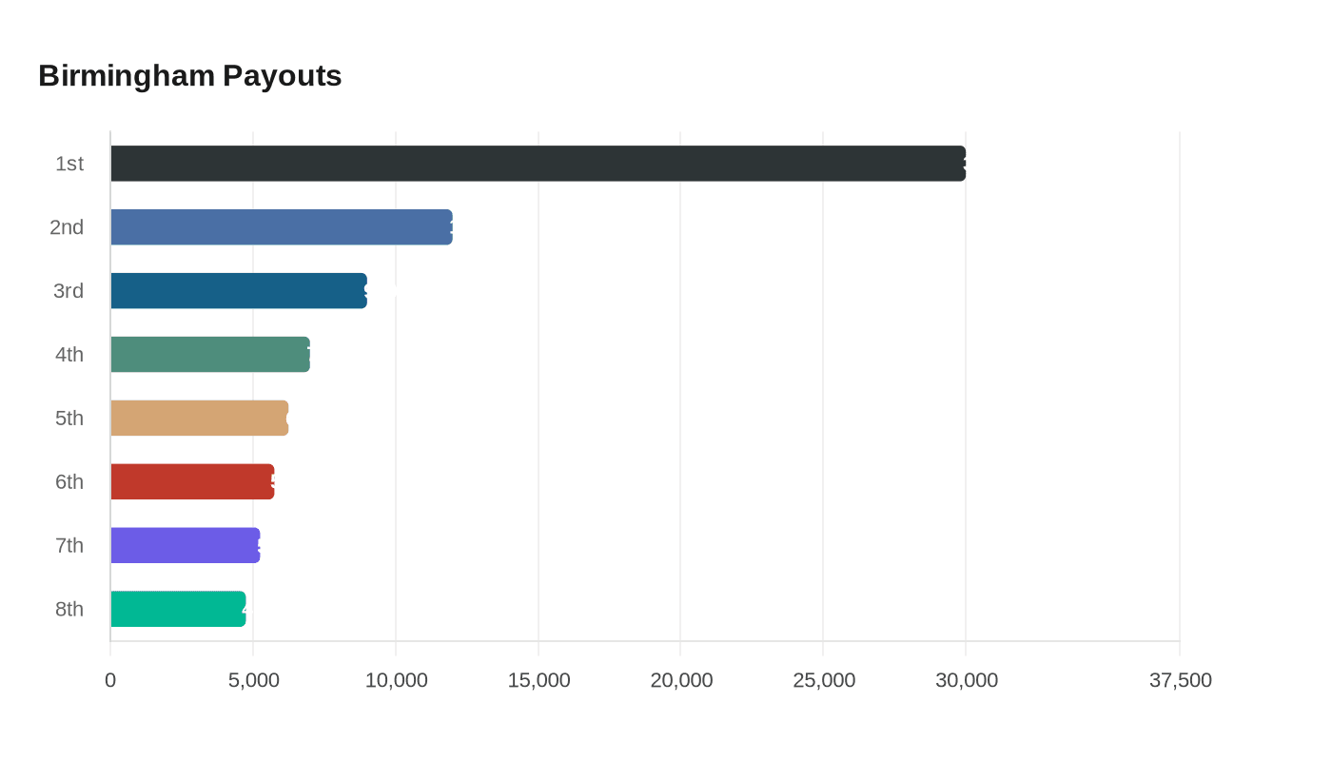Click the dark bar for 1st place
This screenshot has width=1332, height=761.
point(538,164)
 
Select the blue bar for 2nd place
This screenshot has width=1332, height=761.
point(281,227)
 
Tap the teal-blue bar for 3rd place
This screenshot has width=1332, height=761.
point(238,291)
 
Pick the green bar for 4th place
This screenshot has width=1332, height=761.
point(209,355)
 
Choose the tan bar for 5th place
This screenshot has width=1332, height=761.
point(199,419)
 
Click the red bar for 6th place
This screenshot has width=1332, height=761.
point(191,482)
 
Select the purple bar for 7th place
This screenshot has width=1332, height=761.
point(185,546)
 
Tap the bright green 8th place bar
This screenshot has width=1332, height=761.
point(177,610)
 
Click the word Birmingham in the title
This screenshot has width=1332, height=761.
point(126,76)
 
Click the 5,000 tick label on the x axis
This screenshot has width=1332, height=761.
point(253,681)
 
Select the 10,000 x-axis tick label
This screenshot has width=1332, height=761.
point(396,681)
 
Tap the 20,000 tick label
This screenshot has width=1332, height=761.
point(681,681)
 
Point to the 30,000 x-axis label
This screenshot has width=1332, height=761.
point(967,681)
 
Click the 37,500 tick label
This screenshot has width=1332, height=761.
point(1180,681)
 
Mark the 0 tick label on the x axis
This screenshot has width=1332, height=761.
point(110,681)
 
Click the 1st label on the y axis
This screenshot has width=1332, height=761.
point(69,164)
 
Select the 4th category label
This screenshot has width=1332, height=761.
point(69,355)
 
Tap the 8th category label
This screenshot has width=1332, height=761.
point(69,610)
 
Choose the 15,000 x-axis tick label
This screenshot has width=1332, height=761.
point(539,681)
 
